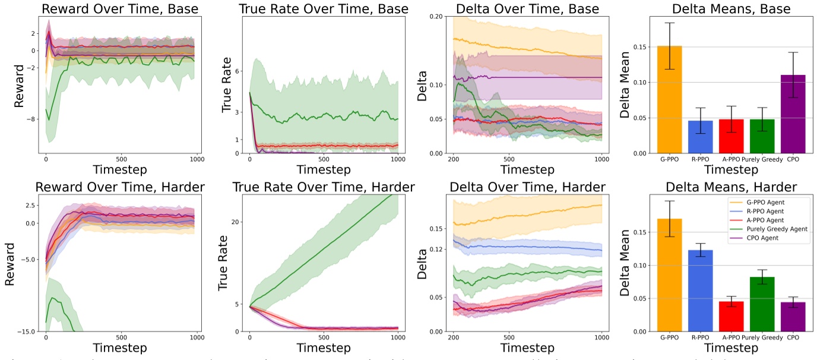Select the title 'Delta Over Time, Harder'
coord(527,187)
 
